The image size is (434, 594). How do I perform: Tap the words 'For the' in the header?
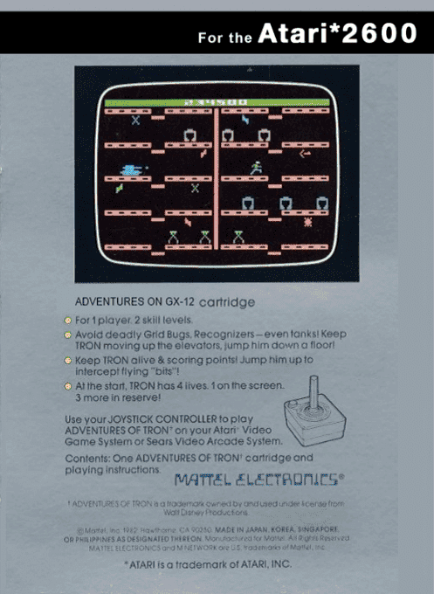pyautogui.click(x=225, y=37)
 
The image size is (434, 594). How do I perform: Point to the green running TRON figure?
pyautogui.click(x=256, y=166)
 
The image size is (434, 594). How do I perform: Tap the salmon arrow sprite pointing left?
pyautogui.click(x=305, y=155)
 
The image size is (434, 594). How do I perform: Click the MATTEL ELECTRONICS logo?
pyautogui.click(x=258, y=478)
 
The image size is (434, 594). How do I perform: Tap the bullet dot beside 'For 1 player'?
pyautogui.click(x=67, y=321)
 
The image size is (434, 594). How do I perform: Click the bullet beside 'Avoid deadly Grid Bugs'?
pyautogui.click(x=67, y=334)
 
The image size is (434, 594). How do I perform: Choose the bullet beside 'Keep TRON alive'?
pyautogui.click(x=67, y=359)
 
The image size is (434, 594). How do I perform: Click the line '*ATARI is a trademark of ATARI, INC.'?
pyautogui.click(x=217, y=566)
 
